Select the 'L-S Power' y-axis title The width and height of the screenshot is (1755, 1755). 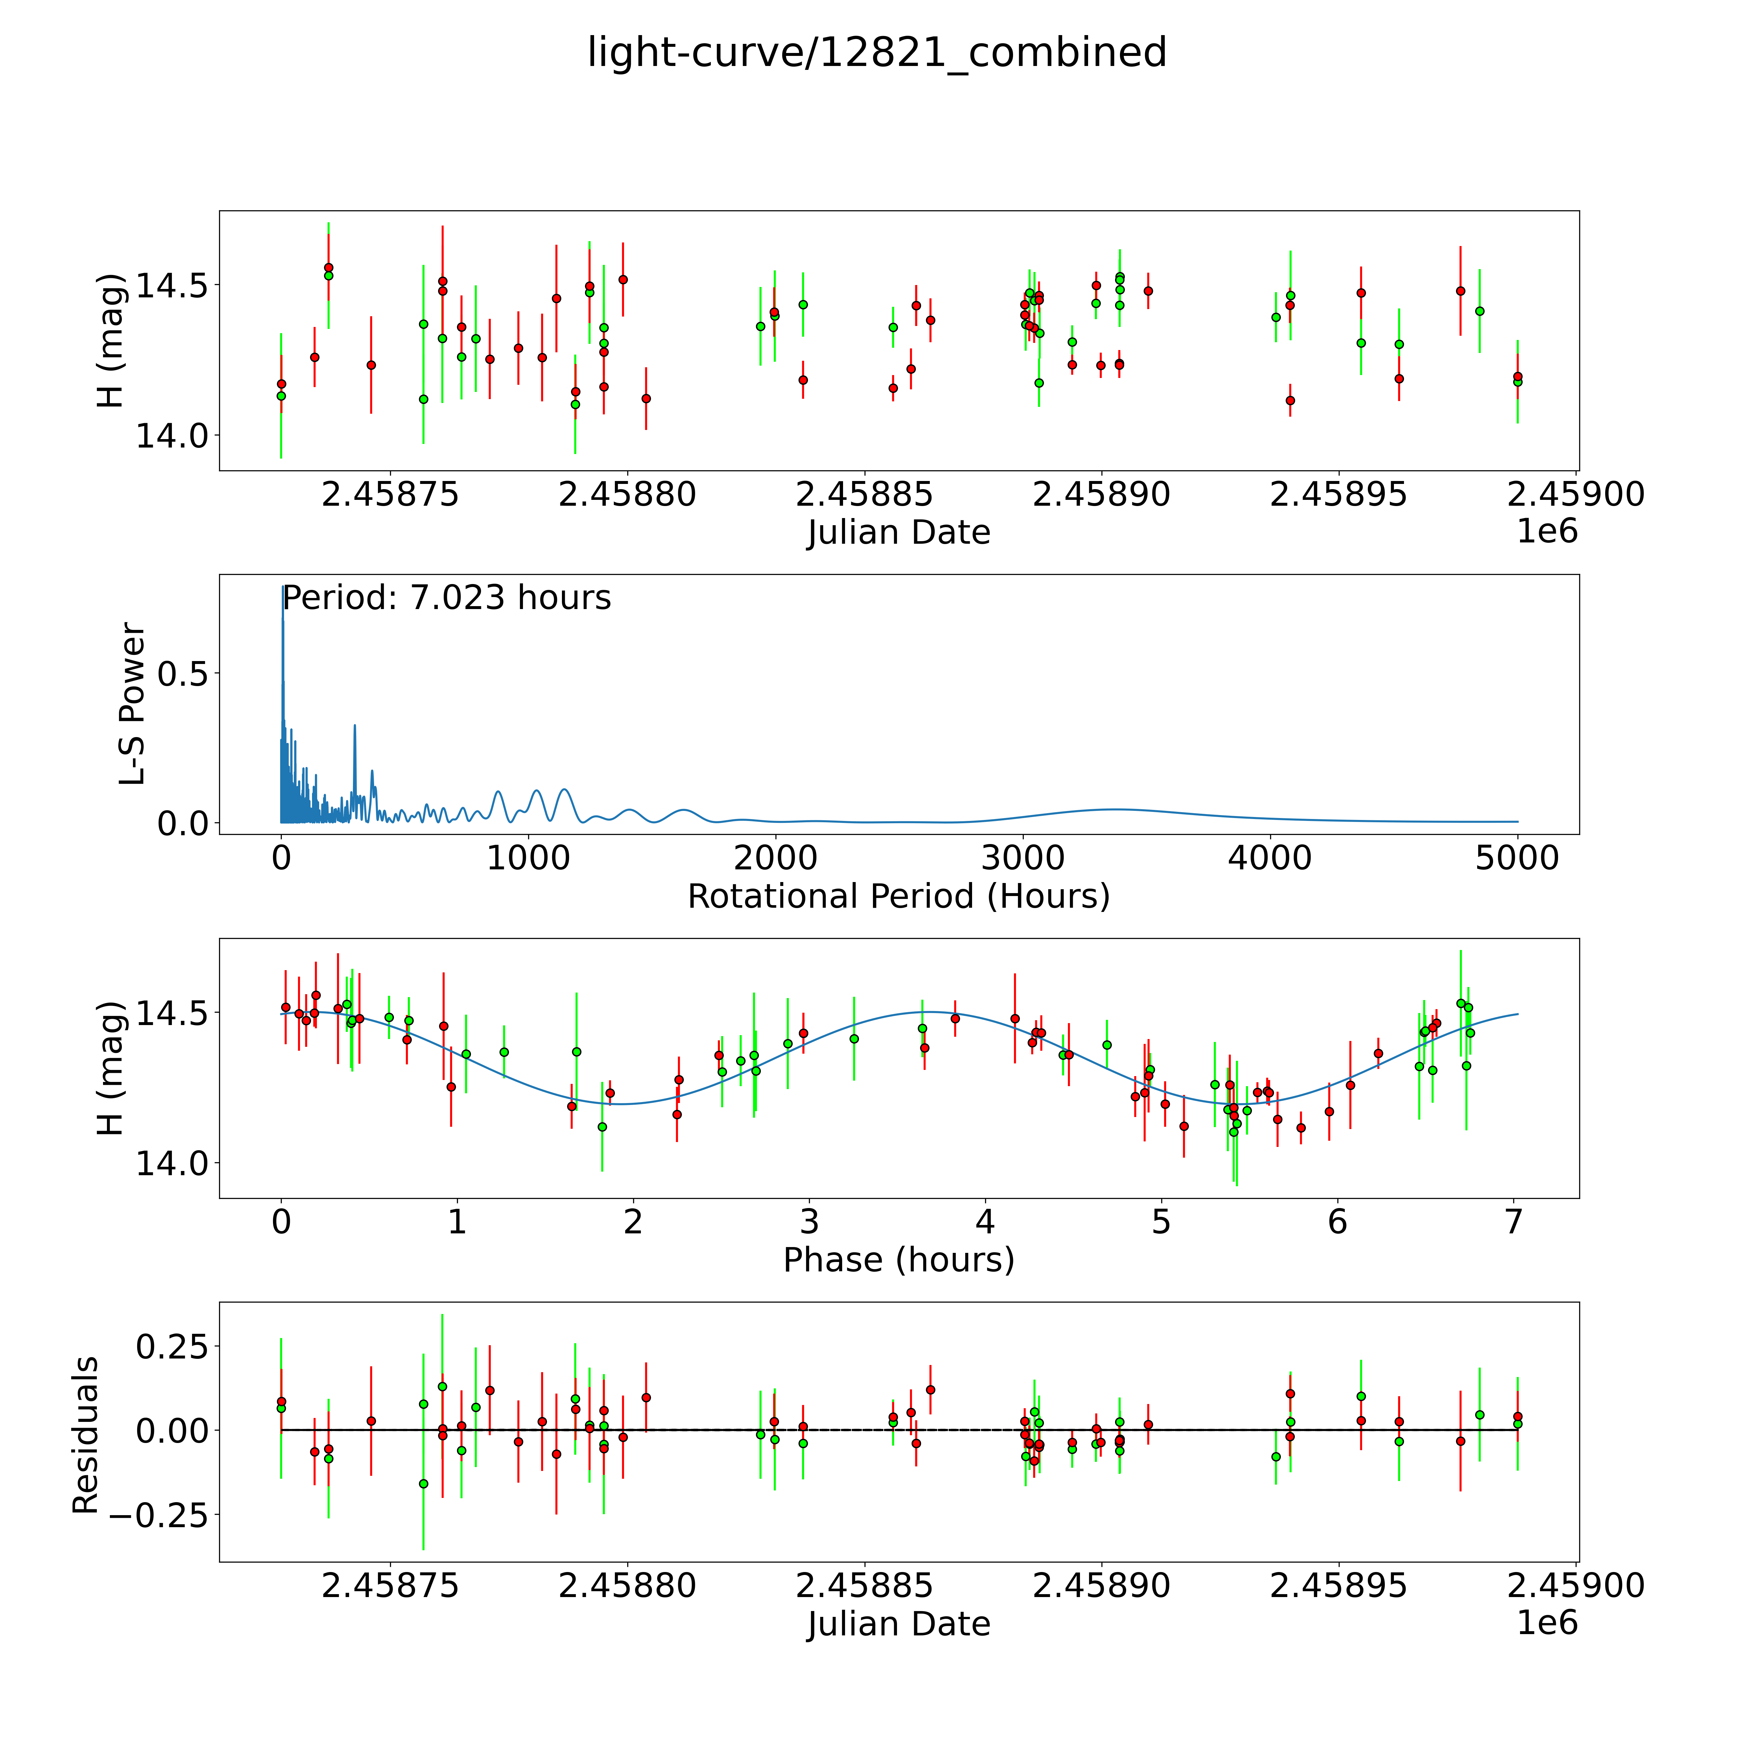click(x=133, y=704)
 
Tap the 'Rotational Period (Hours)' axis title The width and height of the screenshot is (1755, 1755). click(x=898, y=897)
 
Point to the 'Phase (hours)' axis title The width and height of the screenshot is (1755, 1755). click(x=898, y=1260)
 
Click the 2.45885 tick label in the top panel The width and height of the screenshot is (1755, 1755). click(x=864, y=495)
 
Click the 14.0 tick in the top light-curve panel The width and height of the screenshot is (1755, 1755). click(x=172, y=436)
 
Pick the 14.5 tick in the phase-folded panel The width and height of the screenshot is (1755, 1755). click(x=172, y=1013)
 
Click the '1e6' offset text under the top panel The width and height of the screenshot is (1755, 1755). click(x=1547, y=531)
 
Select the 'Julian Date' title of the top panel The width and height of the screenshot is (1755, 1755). click(x=898, y=532)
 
